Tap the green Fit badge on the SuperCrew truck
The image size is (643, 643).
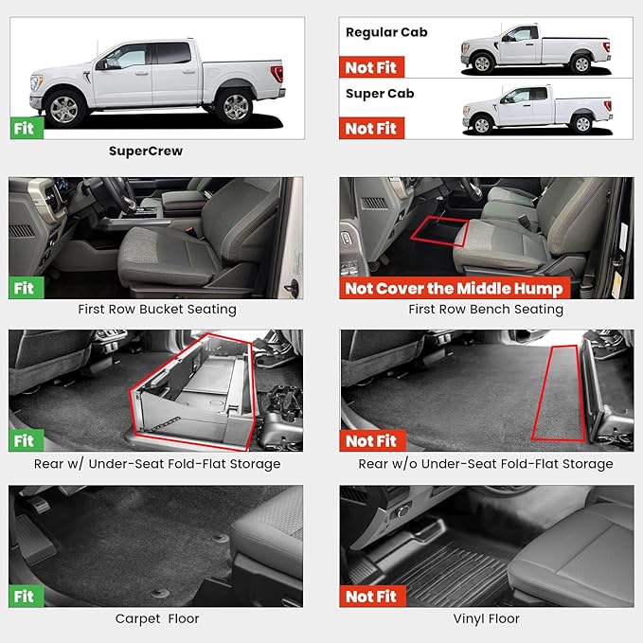pos(26,128)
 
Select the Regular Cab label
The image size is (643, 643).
pos(386,32)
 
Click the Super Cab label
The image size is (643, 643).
pos(380,94)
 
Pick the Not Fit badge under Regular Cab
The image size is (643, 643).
pos(371,66)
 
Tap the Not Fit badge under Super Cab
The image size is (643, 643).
pos(371,128)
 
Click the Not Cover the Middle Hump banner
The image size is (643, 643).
pos(454,288)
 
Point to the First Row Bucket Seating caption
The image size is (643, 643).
pos(156,309)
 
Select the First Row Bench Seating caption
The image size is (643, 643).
pos(486,309)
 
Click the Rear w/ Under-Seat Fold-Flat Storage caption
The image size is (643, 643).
pos(156,464)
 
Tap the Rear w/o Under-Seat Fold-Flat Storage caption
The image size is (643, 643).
pos(486,464)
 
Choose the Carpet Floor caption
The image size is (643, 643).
pos(156,619)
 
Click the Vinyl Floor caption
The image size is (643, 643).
pos(486,619)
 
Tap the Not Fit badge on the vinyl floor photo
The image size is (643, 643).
pos(371,596)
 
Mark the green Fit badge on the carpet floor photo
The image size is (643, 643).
pos(26,596)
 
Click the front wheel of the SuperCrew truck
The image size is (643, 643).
pos(64,109)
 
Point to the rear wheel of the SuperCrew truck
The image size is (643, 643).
pos(233,109)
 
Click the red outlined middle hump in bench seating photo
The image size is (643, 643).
pos(442,230)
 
